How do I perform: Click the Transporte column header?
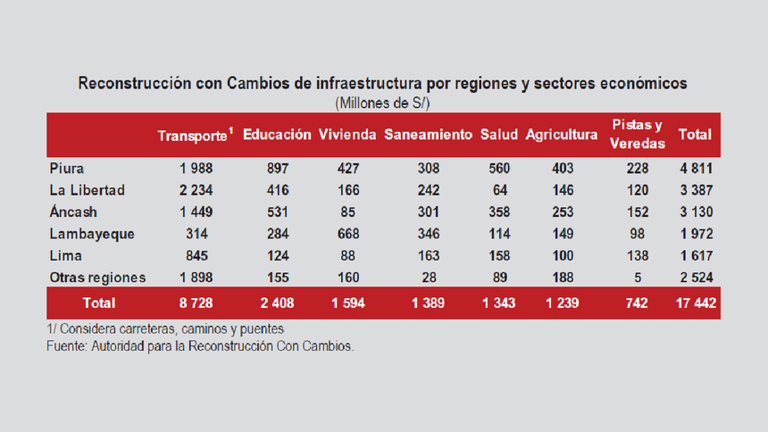point(195,136)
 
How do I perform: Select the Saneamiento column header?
point(428,135)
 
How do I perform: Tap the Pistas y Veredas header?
point(638,134)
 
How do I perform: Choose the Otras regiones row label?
point(97,277)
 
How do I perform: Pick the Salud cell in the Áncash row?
point(499,212)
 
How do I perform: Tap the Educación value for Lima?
point(277,255)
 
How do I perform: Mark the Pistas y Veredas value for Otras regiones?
point(638,277)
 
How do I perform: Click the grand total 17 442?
point(695,303)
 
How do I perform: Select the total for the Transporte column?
point(195,303)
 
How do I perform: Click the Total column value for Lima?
point(695,255)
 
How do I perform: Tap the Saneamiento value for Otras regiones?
point(428,277)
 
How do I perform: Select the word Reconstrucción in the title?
point(134,84)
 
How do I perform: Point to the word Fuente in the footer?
point(68,345)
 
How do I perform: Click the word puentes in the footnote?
point(263,329)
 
